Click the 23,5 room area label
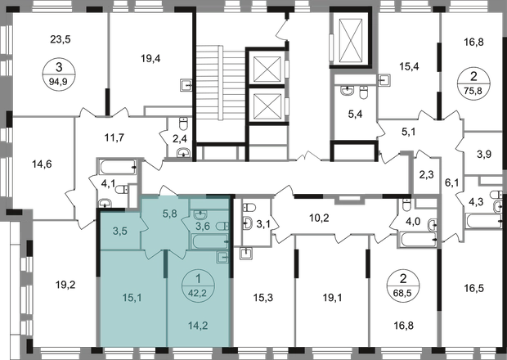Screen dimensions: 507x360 point(61,39)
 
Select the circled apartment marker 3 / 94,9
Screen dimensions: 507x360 point(59,74)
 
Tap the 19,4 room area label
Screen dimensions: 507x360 point(150,59)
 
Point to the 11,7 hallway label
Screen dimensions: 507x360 point(114,137)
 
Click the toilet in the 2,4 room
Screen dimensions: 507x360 point(184,124)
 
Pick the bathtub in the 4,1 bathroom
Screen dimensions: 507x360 point(118,167)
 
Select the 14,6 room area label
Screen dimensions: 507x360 point(42,164)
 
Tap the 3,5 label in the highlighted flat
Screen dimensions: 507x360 point(120,231)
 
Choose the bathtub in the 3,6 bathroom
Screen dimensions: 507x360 point(210,241)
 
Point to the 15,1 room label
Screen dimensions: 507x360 point(132,298)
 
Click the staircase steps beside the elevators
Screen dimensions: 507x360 point(221,83)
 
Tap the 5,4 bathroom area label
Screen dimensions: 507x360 point(355,115)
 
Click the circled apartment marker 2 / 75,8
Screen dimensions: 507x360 point(473,83)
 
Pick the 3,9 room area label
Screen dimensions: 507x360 point(484,155)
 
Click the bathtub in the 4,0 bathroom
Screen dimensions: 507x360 point(417,240)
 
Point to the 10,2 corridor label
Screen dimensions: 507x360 point(319,218)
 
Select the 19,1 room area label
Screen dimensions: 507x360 point(332,298)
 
